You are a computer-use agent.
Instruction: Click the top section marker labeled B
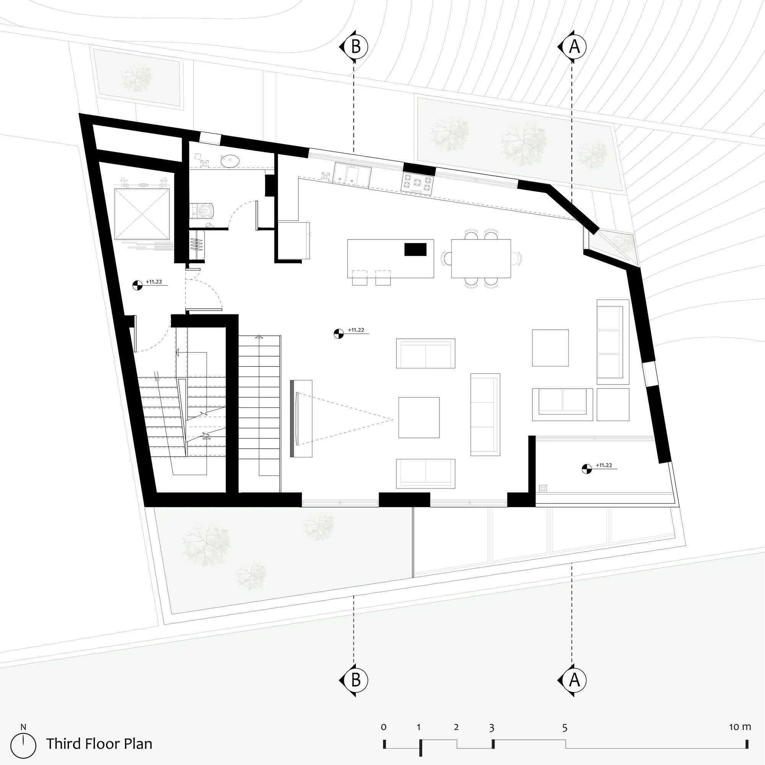[355, 47]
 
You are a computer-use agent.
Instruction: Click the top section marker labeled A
[573, 47]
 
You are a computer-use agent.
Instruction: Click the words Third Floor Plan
[99, 744]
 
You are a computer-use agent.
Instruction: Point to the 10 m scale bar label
[740, 727]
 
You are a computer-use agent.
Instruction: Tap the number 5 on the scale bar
[565, 728]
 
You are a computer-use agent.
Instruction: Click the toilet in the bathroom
[203, 211]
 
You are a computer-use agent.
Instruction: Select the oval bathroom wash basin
[230, 161]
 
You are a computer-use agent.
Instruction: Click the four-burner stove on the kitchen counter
[417, 183]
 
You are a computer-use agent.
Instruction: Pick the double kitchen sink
[352, 175]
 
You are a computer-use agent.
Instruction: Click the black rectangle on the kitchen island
[415, 249]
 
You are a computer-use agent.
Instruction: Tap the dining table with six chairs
[481, 258]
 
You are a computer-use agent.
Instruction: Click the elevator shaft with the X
[142, 214]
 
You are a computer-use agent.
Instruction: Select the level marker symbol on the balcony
[586, 469]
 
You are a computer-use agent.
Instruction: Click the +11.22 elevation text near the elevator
[154, 282]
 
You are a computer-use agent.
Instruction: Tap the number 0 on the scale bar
[384, 728]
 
